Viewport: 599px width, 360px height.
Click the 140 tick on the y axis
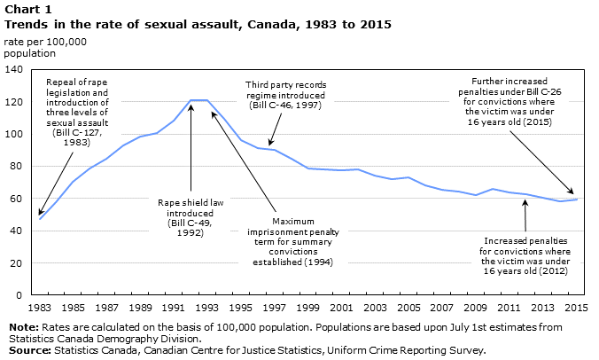14,69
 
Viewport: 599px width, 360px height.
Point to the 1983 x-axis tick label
40,308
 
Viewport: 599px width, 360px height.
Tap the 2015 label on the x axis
577,308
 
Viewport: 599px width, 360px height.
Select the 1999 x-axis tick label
307,308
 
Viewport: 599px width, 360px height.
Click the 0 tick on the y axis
19,295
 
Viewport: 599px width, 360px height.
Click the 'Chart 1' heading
27,9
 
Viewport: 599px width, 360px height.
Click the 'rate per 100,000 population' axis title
45,47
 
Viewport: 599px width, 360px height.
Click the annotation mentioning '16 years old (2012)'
525,256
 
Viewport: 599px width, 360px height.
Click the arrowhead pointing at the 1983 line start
41,212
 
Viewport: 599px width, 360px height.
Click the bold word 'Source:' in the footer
29,350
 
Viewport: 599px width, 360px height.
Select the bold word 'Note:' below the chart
24,327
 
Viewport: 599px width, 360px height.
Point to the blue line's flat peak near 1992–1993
199,100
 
